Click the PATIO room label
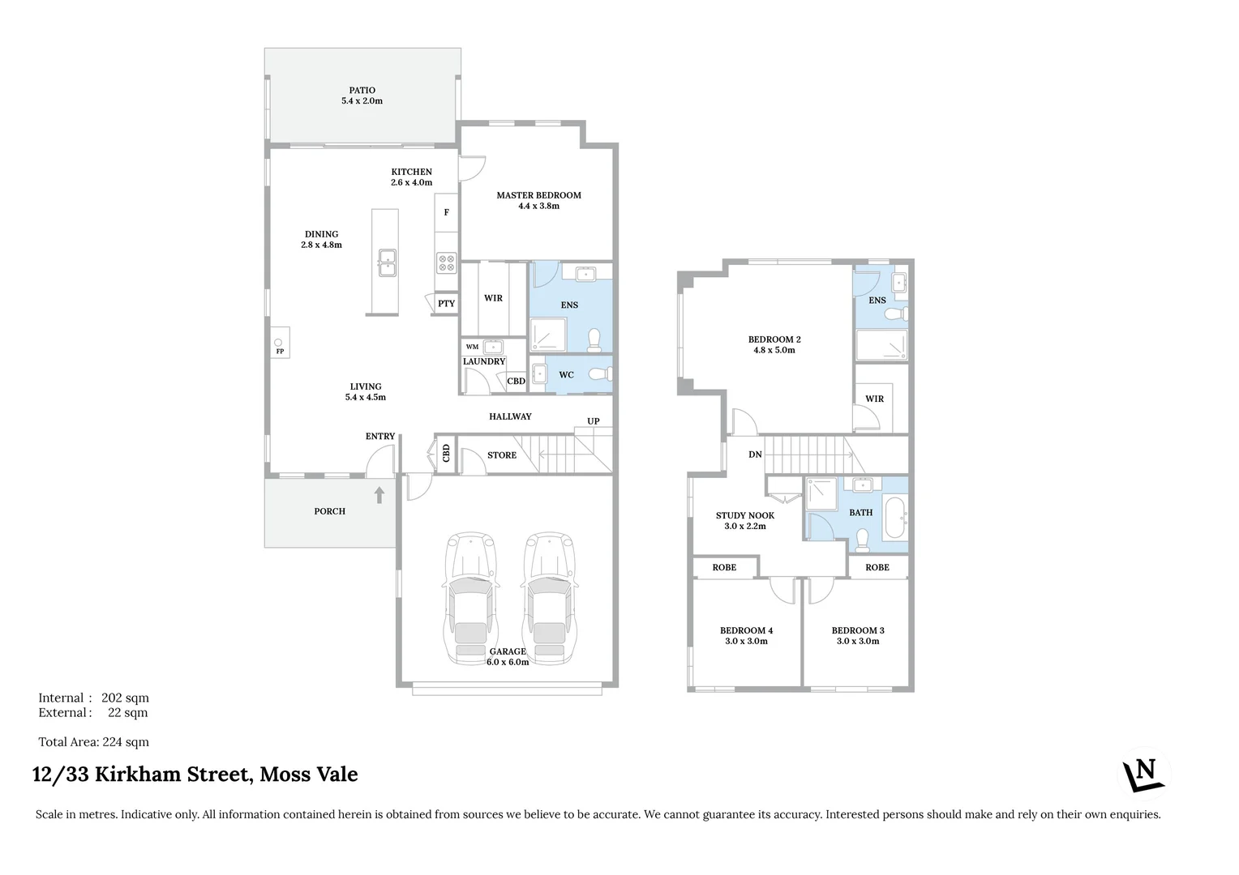tap(362, 91)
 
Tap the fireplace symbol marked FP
tap(280, 346)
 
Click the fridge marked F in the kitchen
tap(446, 213)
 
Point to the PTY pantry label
tap(446, 304)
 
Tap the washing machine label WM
tap(472, 347)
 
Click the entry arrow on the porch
tap(379, 494)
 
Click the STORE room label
tap(502, 455)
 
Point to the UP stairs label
tap(594, 421)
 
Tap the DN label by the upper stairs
tap(755, 455)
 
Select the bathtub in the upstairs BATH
tap(894, 519)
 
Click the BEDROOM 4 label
tap(746, 630)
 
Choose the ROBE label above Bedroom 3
tap(877, 567)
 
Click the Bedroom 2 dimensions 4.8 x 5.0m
tap(774, 350)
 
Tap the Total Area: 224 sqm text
tap(94, 742)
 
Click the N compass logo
tap(1143, 774)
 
